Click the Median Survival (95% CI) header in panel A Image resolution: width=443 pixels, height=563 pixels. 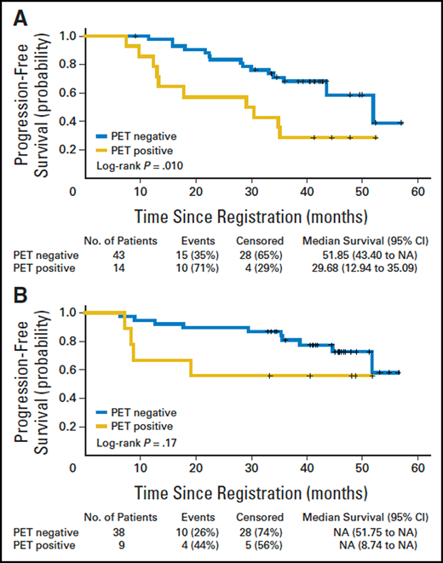pyautogui.click(x=364, y=241)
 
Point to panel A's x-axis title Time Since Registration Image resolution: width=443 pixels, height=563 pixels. pyautogui.click(x=246, y=213)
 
